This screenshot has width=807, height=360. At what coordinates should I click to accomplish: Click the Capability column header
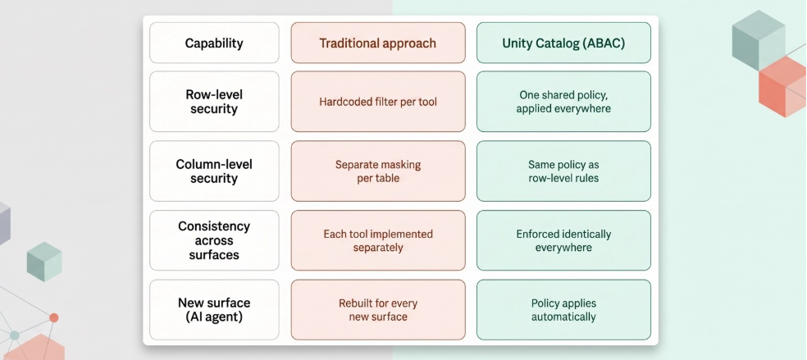pos(214,43)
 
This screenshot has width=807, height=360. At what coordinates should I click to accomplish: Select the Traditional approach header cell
pos(378,43)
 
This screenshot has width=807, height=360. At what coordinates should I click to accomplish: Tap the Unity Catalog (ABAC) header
pos(563,43)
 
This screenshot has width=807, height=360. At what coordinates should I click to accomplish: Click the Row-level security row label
pos(214,102)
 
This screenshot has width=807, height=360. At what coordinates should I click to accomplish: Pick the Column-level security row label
pos(214,171)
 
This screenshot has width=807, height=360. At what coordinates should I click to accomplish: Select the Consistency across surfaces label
pos(214,240)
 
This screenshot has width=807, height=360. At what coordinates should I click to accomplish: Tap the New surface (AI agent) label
pos(214,310)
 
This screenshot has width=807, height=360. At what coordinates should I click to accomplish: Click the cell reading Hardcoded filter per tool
pos(378,102)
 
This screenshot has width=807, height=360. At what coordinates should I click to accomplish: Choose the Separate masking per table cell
pos(378,171)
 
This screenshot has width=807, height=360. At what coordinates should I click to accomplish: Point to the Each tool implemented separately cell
pos(378,240)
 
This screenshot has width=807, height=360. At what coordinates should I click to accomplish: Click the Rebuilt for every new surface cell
pos(378,310)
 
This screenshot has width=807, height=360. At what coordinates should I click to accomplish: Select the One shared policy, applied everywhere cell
pos(563,102)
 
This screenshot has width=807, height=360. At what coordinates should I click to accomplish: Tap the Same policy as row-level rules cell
pos(563,171)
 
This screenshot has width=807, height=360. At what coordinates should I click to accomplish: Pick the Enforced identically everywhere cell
pos(563,240)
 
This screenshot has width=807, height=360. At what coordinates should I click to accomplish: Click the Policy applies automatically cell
pos(563,310)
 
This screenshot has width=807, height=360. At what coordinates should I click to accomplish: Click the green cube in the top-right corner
pos(758,40)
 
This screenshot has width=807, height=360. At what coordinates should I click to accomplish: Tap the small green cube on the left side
pos(44,262)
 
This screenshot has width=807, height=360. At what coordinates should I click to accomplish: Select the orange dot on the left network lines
pos(54,318)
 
